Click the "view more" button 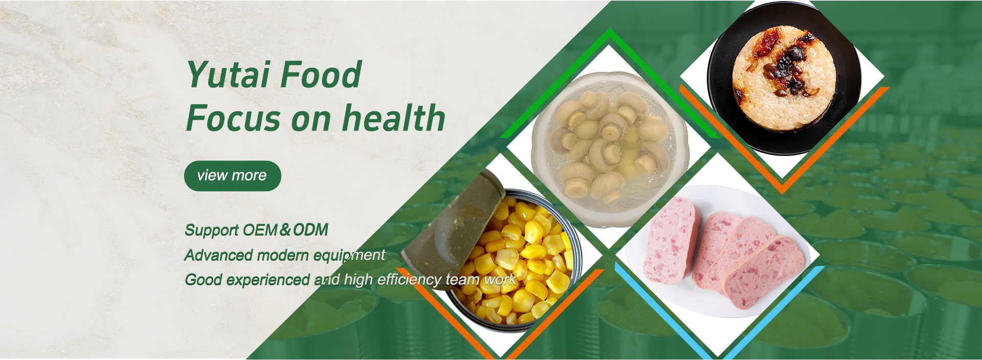[233, 176]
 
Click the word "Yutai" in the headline [228, 75]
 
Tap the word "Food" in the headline [321, 75]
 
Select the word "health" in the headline [394, 118]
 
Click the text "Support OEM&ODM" [256, 230]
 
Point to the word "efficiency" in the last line [409, 280]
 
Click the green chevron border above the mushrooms [609, 82]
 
